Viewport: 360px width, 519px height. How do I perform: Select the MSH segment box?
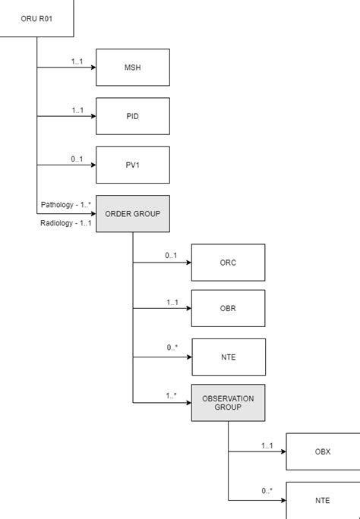click(x=132, y=68)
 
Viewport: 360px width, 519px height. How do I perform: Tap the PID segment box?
click(x=132, y=116)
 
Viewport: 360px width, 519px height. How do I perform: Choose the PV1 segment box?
click(x=132, y=165)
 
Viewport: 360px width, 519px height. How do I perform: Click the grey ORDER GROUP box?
click(x=132, y=214)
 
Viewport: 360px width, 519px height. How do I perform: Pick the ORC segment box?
click(x=228, y=263)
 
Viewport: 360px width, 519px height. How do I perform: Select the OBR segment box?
click(x=228, y=308)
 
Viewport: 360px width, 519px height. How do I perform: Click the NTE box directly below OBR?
click(x=228, y=357)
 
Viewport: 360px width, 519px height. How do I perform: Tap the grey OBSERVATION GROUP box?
click(x=228, y=402)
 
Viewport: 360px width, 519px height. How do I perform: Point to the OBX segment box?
click(x=323, y=451)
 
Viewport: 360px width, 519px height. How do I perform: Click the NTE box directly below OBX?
click(x=323, y=500)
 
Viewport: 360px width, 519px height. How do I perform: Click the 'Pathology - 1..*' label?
click(x=66, y=206)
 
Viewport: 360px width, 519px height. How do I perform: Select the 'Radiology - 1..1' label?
click(x=66, y=223)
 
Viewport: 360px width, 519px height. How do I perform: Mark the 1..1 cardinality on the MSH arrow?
click(x=77, y=61)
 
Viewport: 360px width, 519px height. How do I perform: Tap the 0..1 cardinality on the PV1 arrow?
click(x=77, y=159)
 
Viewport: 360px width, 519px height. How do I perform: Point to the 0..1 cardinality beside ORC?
click(x=172, y=256)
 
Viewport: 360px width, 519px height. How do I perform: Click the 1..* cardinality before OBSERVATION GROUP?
click(x=172, y=395)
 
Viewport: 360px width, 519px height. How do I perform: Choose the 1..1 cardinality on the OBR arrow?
click(x=172, y=302)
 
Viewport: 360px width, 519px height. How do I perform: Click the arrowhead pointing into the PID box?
click(x=92, y=116)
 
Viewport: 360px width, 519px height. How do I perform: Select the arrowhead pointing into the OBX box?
click(x=282, y=451)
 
